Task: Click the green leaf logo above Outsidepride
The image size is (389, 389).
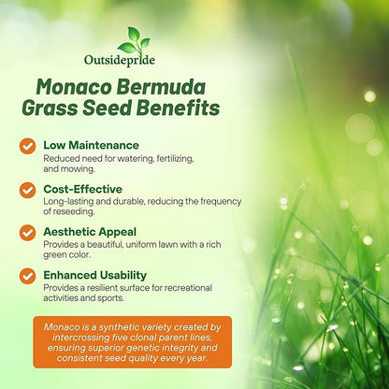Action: coord(133,39)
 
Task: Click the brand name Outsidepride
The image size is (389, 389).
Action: coord(133,62)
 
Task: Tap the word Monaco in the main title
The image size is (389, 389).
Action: coord(77,89)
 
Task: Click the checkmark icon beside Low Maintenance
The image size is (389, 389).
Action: coord(27,148)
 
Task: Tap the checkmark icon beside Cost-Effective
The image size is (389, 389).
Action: coord(27,191)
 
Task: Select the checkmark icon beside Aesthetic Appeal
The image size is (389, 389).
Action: coord(27,234)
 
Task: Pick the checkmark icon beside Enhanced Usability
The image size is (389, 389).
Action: coord(27,277)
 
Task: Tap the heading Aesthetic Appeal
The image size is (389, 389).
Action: coord(90,231)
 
